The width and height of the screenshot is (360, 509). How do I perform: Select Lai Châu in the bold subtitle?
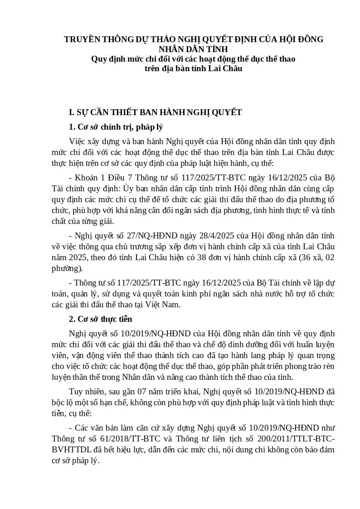click(x=225, y=69)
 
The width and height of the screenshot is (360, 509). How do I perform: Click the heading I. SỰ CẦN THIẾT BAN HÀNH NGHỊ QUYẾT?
click(x=155, y=112)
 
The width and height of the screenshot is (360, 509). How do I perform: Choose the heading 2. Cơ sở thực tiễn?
click(x=100, y=319)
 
